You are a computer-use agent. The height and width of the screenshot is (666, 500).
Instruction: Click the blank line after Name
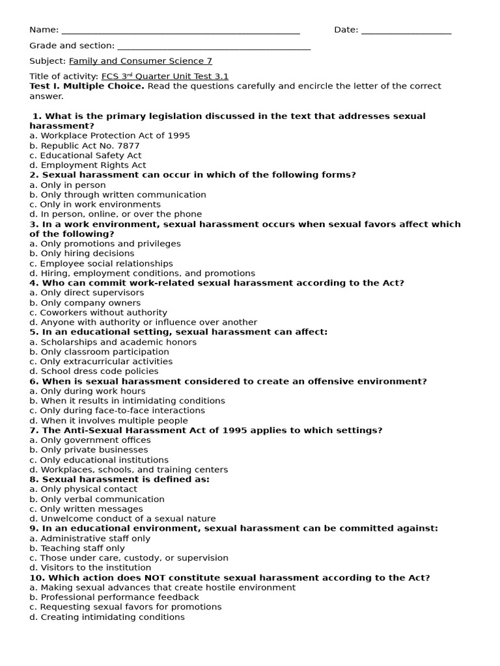[180, 31]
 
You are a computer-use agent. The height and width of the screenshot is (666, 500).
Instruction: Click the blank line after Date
[406, 31]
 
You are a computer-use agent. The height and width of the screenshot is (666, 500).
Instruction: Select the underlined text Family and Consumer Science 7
[141, 61]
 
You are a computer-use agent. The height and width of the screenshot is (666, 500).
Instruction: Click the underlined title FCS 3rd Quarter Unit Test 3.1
[165, 77]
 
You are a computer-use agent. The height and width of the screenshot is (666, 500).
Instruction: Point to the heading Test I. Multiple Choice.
[87, 86]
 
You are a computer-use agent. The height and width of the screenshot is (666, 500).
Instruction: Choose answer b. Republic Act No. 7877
[85, 146]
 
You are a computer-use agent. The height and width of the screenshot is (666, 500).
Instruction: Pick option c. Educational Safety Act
[85, 155]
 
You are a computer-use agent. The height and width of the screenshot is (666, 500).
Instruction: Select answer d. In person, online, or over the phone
[116, 214]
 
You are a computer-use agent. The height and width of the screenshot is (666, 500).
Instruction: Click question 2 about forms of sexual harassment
[193, 175]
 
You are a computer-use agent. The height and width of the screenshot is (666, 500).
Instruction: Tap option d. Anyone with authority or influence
[143, 322]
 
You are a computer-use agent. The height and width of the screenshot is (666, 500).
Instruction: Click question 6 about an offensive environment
[228, 381]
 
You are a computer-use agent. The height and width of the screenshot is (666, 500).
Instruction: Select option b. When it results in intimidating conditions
[127, 401]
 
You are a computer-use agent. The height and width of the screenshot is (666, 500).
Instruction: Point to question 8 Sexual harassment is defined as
[120, 479]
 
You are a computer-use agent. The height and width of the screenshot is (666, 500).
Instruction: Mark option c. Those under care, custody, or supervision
[129, 558]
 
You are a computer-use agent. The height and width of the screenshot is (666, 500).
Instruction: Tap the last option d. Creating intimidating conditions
[107, 617]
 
